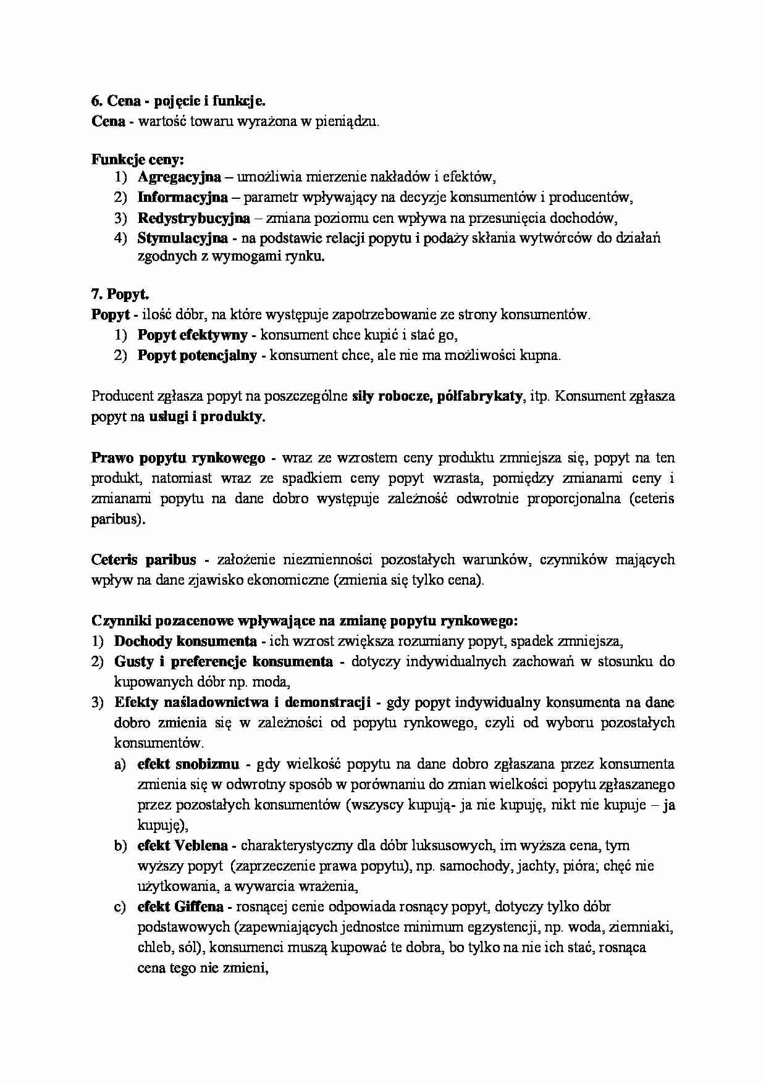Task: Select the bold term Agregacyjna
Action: [179, 177]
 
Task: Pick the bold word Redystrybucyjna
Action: [193, 218]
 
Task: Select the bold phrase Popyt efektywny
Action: [192, 335]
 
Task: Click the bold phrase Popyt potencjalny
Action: [197, 356]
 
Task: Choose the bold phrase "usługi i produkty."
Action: [207, 417]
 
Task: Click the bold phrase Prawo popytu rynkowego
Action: [179, 458]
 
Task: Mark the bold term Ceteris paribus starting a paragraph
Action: [143, 560]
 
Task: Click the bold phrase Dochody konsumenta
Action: [185, 641]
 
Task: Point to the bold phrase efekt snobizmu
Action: [188, 764]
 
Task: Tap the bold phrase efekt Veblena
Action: [182, 845]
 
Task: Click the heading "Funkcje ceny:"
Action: [138, 160]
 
